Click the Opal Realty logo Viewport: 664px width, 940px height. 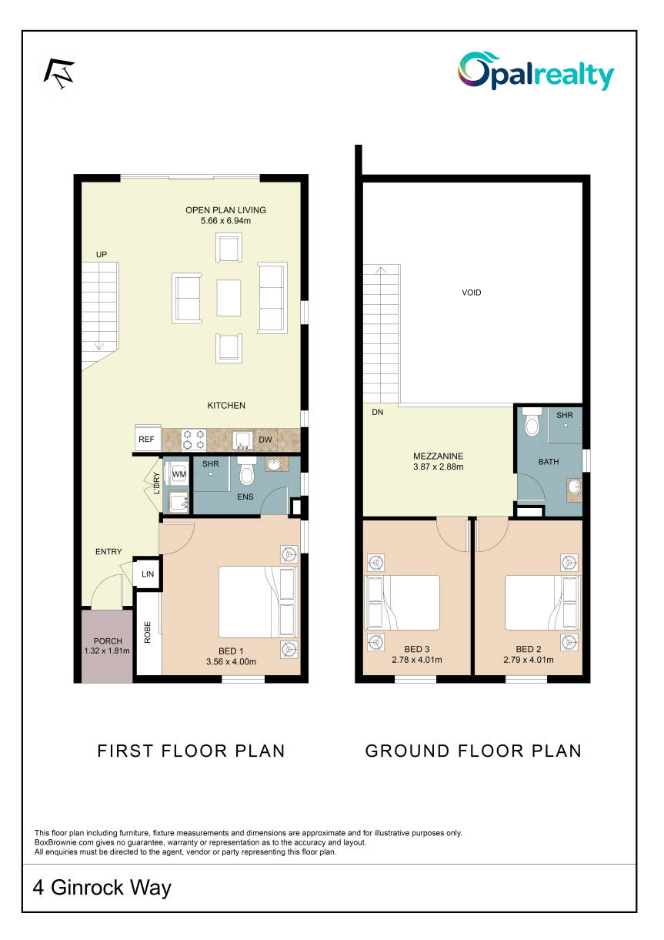[536, 72]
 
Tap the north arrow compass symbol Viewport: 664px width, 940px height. [59, 74]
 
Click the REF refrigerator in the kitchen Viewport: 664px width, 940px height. [147, 439]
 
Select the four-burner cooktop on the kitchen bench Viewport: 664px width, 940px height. [193, 440]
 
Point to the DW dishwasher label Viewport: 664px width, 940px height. [265, 440]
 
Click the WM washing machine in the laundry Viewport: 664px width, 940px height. [178, 474]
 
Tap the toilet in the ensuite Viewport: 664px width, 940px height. [246, 471]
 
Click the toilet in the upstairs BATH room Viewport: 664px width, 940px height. [532, 421]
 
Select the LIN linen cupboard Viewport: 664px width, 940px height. [147, 574]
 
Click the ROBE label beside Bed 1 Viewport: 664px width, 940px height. [147, 632]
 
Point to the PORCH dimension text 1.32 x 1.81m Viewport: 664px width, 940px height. [106, 651]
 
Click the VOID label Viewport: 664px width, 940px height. [471, 293]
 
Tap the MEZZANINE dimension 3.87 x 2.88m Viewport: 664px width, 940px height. [438, 467]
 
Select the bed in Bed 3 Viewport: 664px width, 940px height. [403, 603]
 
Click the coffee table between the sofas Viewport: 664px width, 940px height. [229, 298]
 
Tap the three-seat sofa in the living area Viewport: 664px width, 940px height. [272, 298]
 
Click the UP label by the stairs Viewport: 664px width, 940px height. [102, 255]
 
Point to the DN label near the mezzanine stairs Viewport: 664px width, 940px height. [378, 412]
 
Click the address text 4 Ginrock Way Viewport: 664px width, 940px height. [102, 887]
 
